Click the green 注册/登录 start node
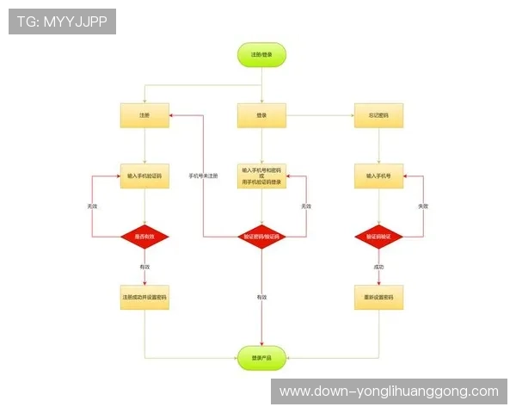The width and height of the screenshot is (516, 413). tap(261, 54)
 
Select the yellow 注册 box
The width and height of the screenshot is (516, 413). tap(144, 115)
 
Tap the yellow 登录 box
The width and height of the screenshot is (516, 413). tap(261, 115)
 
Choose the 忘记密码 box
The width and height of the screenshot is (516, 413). tap(378, 115)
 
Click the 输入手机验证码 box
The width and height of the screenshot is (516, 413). tap(144, 176)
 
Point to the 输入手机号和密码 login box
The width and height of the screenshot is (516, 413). tap(261, 176)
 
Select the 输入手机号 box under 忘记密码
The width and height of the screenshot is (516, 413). tap(378, 176)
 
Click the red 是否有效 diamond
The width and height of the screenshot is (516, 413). tap(144, 236)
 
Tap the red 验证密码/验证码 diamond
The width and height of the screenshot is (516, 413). tap(261, 236)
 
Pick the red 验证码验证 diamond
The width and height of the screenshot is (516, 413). tap(378, 236)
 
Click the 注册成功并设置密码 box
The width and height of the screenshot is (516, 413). tap(144, 298)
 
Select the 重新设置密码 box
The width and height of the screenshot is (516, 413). tap(378, 298)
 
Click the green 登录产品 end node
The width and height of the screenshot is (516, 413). tap(261, 357)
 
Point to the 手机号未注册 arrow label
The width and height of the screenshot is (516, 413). tap(203, 176)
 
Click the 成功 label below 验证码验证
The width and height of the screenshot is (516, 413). tap(378, 268)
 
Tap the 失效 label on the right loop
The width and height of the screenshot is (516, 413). tap(422, 206)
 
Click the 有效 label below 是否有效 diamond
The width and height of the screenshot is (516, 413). tap(144, 268)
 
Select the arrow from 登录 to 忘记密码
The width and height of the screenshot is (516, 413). tap(319, 115)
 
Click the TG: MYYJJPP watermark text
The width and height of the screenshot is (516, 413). tap(62, 22)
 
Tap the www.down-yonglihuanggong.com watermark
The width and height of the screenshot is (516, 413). tap(389, 391)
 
